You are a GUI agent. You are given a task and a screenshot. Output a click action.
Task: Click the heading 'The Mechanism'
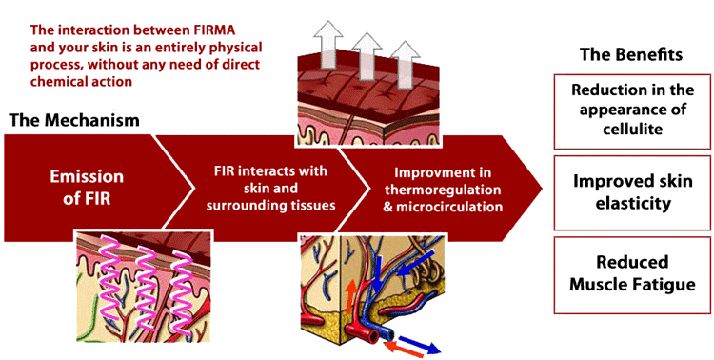pyautogui.click(x=74, y=121)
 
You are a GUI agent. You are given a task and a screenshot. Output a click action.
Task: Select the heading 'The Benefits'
pyautogui.click(x=631, y=54)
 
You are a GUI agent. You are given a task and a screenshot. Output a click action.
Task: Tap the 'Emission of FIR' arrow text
pyautogui.click(x=87, y=187)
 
